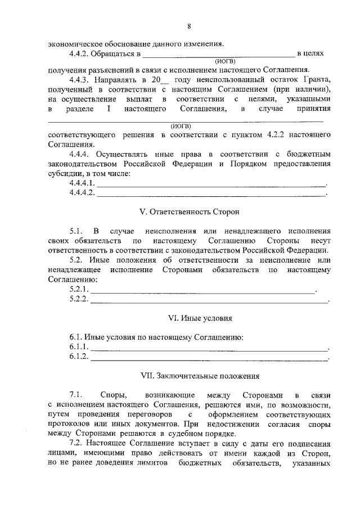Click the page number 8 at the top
(189, 26)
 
